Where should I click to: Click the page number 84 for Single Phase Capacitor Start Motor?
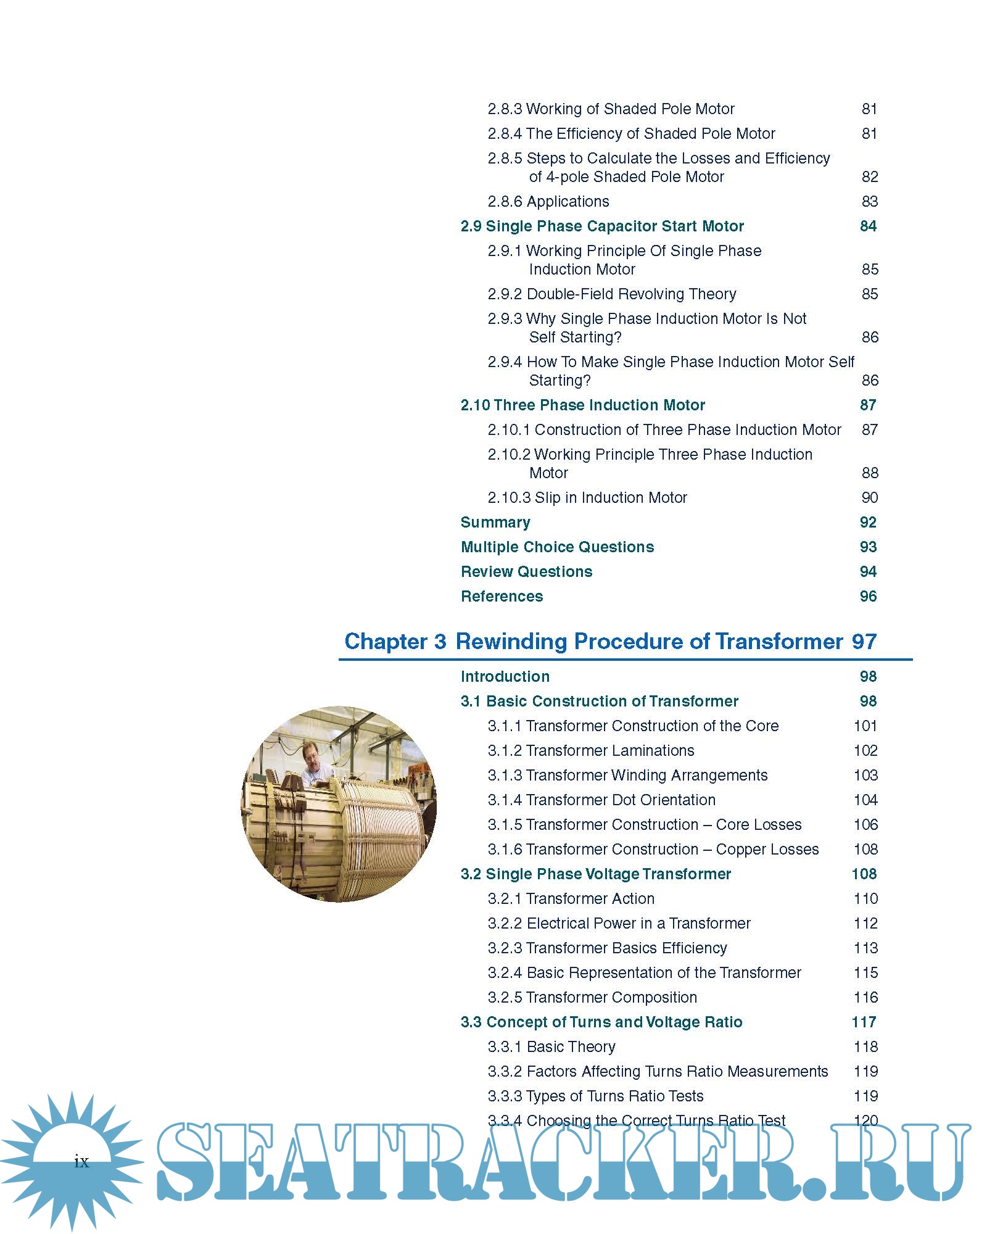[868, 226]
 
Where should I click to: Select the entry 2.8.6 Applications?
[548, 201]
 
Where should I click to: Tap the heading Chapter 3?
[395, 641]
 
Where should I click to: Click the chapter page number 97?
[864, 641]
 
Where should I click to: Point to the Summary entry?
[495, 522]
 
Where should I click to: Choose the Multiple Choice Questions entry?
[557, 547]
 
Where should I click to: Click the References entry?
[502, 596]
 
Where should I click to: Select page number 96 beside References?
[868, 596]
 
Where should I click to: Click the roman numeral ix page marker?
[81, 1162]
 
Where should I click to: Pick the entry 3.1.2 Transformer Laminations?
[590, 750]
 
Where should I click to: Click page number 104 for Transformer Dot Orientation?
[865, 800]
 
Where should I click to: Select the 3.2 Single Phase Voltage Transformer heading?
[595, 874]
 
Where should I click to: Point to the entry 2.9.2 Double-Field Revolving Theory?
[611, 294]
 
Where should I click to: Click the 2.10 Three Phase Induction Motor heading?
[582, 405]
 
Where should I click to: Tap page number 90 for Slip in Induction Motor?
[869, 497]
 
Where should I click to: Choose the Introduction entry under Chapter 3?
[505, 676]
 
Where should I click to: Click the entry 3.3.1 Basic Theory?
[551, 1046]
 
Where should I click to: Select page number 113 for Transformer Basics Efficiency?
[865, 948]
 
